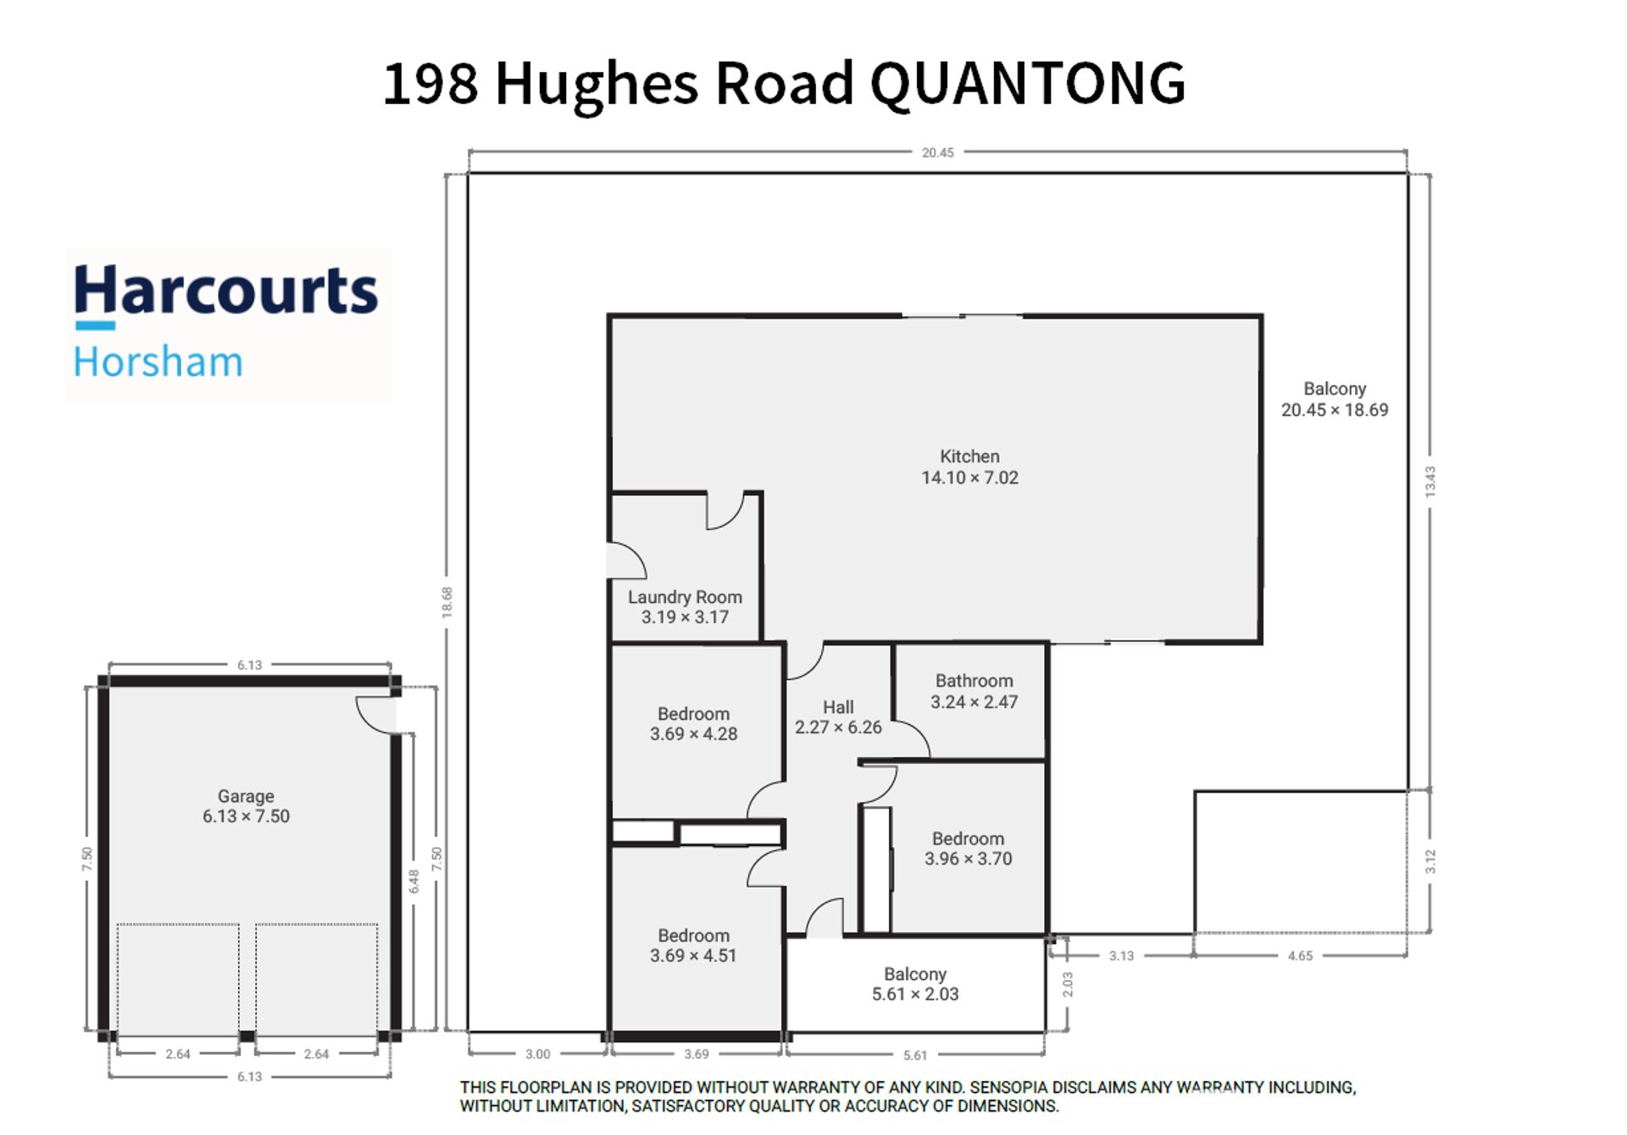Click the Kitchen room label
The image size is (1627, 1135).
point(969,467)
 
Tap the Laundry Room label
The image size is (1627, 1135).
point(685,606)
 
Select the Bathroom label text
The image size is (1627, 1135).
point(974,691)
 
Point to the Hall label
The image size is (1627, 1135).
point(838,717)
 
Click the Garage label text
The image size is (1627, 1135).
point(246,806)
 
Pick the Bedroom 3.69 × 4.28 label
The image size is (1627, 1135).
point(693,723)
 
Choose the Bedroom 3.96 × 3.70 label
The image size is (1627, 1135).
point(968,848)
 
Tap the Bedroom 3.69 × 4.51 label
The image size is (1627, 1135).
point(693,945)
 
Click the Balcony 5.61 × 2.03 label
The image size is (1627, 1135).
point(915,984)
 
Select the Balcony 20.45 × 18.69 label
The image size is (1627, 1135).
point(1335,399)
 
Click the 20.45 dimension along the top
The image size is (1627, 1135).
point(938,152)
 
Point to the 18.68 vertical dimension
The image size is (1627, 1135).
point(447,602)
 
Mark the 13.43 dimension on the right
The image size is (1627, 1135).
point(1430,481)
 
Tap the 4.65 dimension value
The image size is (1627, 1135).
point(1300,955)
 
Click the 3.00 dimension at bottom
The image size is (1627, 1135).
point(537,1054)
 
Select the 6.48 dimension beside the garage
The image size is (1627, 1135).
point(414,881)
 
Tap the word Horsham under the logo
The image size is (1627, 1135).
point(158,362)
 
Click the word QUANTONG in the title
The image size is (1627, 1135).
point(1027,83)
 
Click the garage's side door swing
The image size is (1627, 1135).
point(366,720)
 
